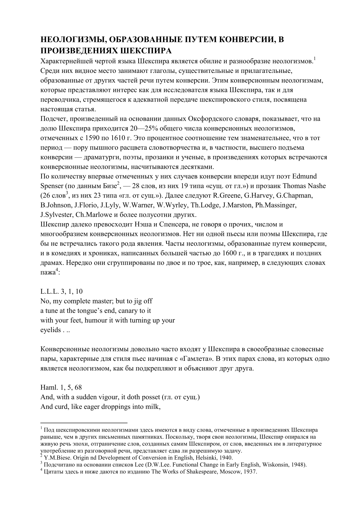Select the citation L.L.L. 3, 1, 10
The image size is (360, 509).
62,292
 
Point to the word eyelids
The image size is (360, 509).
51,330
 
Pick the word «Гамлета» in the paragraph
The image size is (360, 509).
189,359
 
